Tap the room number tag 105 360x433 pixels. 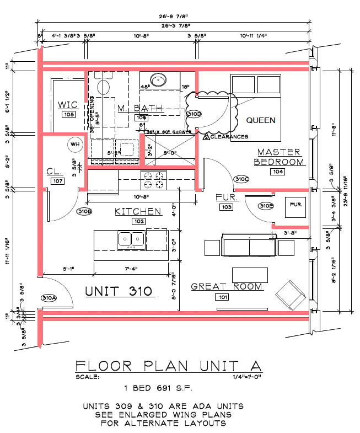(x=68, y=115)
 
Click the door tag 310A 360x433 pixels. (x=49, y=298)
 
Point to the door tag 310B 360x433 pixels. (x=84, y=211)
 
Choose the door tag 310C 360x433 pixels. (x=241, y=179)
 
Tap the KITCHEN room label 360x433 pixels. (x=138, y=211)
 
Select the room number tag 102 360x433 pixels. (x=138, y=221)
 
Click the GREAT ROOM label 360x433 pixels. (x=227, y=287)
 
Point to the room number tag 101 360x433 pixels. (x=223, y=297)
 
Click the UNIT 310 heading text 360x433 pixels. (x=119, y=291)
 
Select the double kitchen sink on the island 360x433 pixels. (x=131, y=239)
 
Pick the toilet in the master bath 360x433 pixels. (x=103, y=85)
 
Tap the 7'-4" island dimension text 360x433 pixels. (x=131, y=268)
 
